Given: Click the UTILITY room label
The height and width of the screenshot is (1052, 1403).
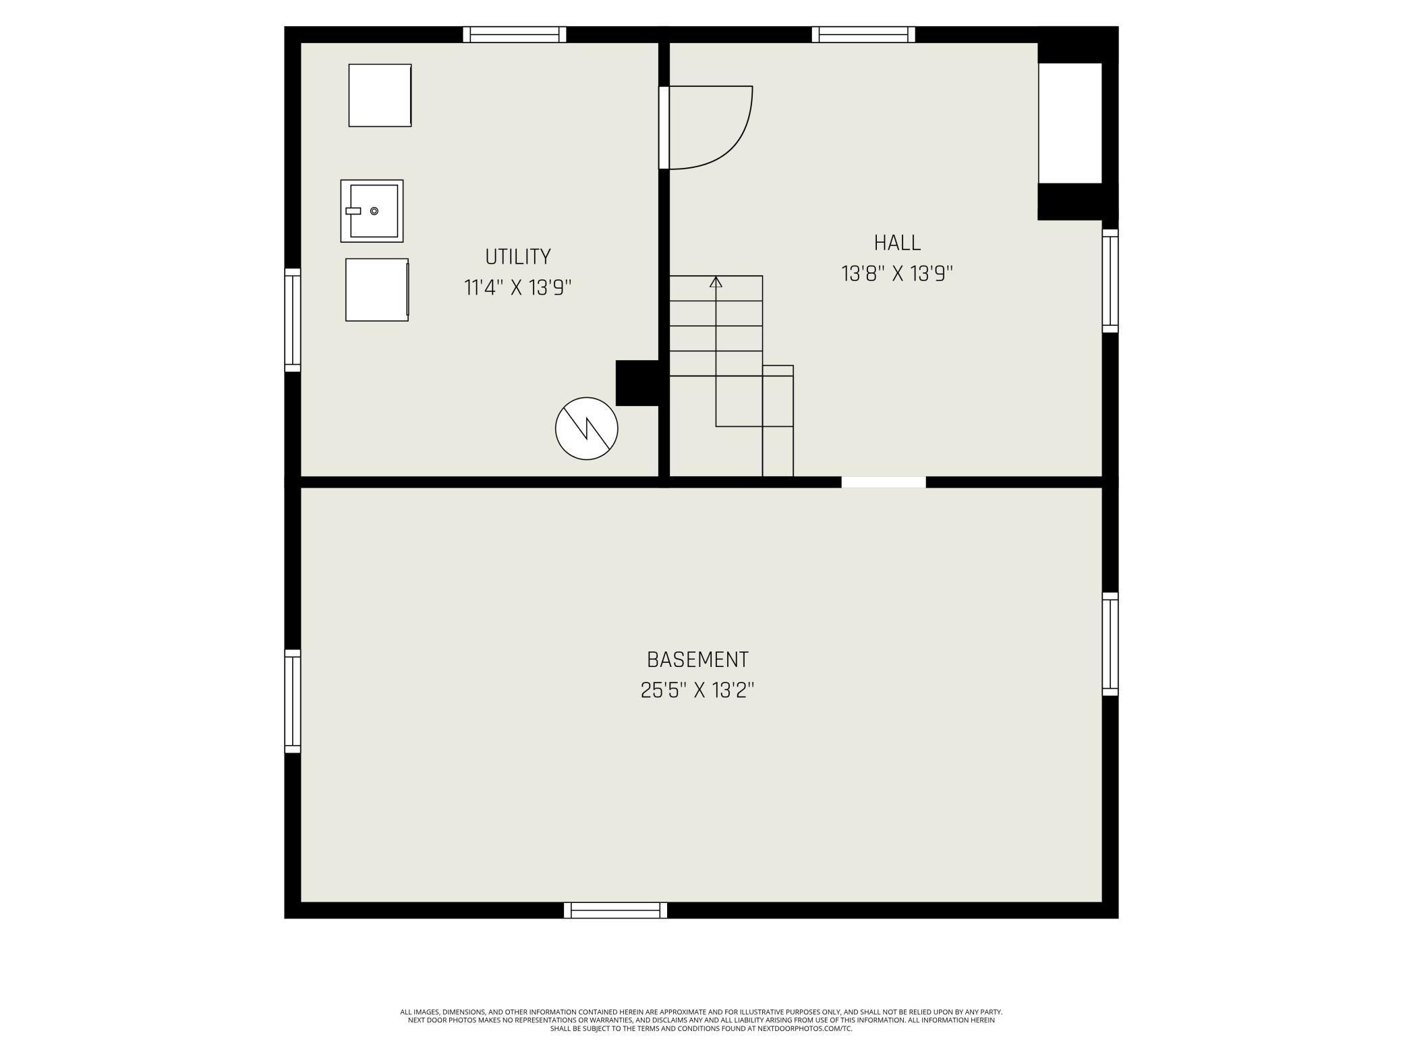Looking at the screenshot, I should tap(517, 257).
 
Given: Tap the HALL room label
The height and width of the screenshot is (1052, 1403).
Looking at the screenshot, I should tap(896, 243).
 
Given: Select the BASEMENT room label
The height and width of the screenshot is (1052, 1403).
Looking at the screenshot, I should tap(697, 660).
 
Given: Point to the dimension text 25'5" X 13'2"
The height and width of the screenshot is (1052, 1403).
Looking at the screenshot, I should tap(697, 691).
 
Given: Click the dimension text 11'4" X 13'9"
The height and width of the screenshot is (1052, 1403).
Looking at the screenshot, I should tap(517, 288).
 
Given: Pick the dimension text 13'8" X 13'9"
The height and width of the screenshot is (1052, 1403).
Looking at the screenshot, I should tap(896, 274).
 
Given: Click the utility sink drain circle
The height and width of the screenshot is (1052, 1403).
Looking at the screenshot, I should tap(374, 211).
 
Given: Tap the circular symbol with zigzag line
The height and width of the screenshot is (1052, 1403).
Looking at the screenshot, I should tap(586, 429).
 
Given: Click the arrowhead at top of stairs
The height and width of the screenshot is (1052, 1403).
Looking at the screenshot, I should tap(716, 282).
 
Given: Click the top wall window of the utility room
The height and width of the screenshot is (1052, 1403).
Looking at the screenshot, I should tap(515, 34).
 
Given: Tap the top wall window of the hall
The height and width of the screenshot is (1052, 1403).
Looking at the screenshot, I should tap(863, 34).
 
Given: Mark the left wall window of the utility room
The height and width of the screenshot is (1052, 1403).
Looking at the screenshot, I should tap(292, 320).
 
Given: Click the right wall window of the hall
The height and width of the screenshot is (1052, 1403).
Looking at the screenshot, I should tap(1110, 281).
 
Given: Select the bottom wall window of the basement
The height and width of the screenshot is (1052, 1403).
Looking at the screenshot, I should tap(615, 910).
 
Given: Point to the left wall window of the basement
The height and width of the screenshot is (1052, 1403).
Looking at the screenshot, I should tap(292, 701).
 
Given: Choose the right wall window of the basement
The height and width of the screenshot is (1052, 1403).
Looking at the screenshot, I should tap(1110, 643).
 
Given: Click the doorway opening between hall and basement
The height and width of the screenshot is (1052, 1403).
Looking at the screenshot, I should tap(883, 482).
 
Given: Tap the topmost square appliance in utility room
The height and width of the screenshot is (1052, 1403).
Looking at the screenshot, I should tap(380, 95).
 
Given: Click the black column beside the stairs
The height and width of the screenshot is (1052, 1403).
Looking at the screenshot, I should tap(637, 383).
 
